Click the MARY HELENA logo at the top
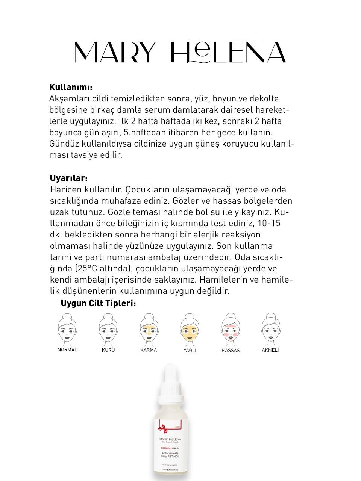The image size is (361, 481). [180, 52]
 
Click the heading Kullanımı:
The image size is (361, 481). [71, 87]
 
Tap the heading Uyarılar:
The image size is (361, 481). [69, 178]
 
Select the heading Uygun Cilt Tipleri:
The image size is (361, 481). [98, 303]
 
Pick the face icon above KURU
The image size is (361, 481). [108, 328]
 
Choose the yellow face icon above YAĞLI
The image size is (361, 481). [190, 328]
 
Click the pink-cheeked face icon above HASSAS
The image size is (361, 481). [231, 328]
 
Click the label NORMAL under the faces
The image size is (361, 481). [67, 349]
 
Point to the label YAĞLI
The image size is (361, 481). [190, 350]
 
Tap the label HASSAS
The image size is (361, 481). [231, 350]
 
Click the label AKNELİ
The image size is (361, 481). [270, 350]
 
